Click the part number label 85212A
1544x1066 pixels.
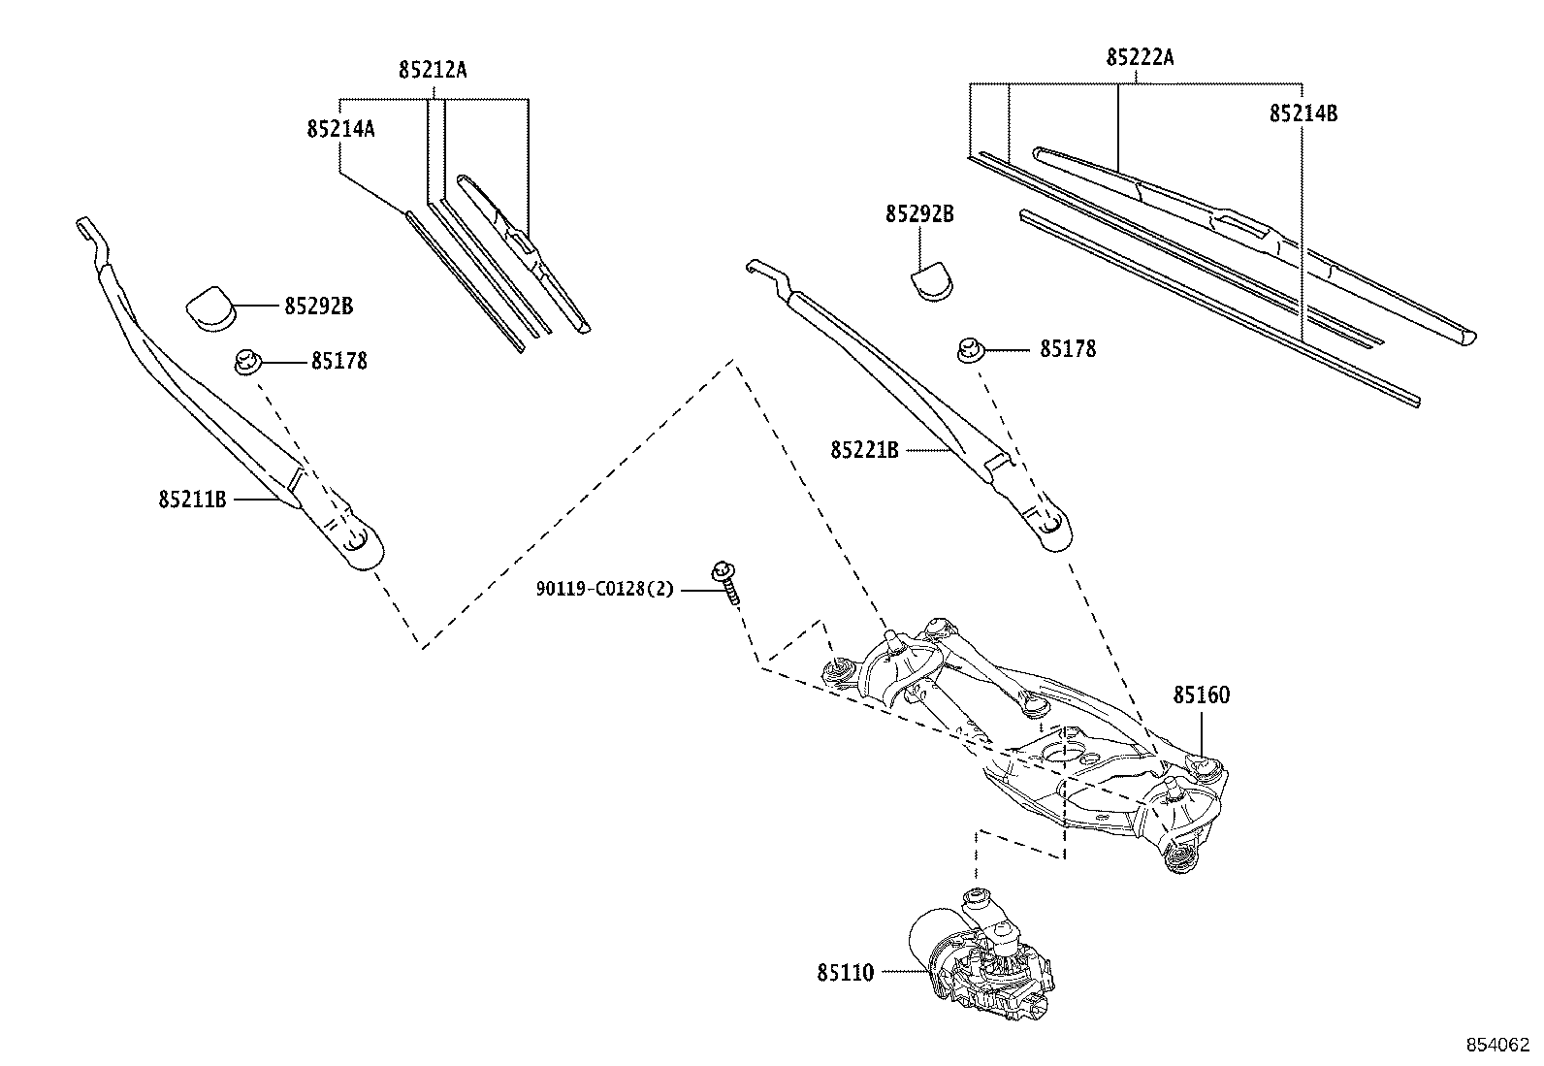pyautogui.click(x=433, y=70)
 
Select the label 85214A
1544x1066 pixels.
pyautogui.click(x=340, y=128)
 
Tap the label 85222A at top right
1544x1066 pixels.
pyautogui.click(x=1140, y=57)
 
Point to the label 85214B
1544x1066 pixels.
pyautogui.click(x=1303, y=113)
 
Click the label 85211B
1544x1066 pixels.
pyautogui.click(x=192, y=500)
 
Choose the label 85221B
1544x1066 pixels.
pyautogui.click(x=864, y=450)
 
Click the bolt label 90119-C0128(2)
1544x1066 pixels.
pyautogui.click(x=604, y=589)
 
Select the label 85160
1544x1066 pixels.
pyautogui.click(x=1201, y=695)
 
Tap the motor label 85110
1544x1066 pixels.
pyautogui.click(x=845, y=972)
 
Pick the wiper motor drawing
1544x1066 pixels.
pyautogui.click(x=980, y=955)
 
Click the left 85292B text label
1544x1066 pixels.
pyautogui.click(x=318, y=307)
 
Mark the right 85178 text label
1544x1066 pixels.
pyautogui.click(x=1068, y=349)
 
